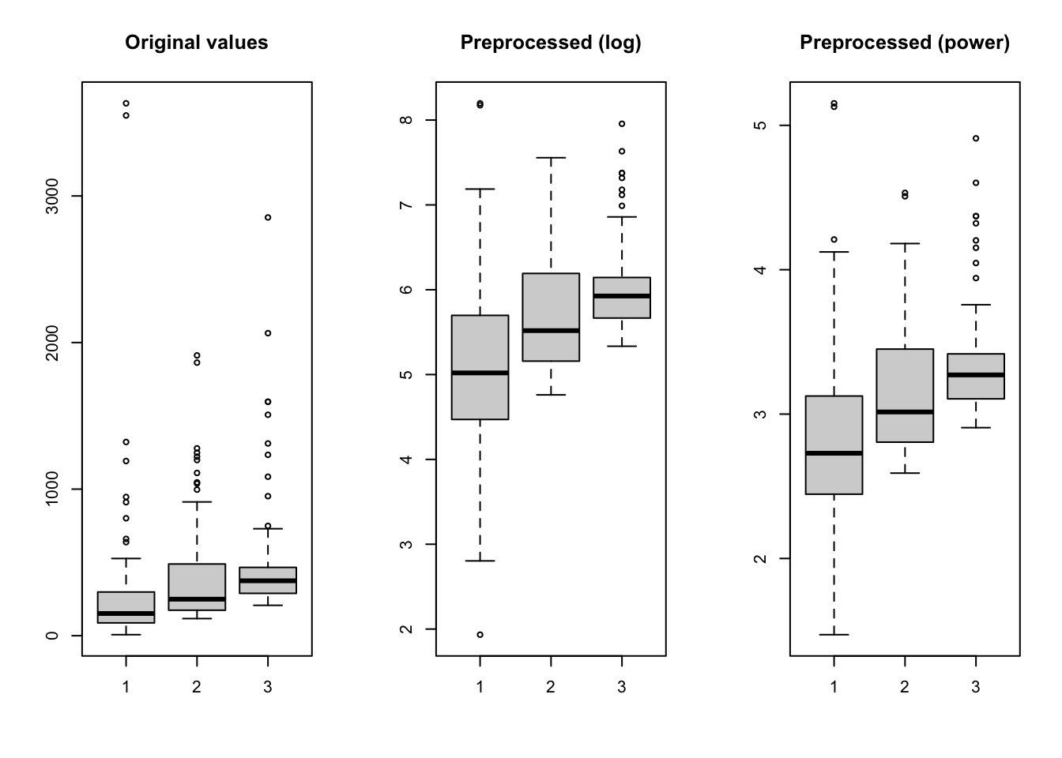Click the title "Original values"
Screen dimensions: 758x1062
pos(196,43)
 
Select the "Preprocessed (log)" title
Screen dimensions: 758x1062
pos(551,43)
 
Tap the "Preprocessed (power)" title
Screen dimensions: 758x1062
pos(905,43)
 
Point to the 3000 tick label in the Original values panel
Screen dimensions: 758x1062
pos(53,196)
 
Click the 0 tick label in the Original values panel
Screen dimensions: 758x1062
pos(53,636)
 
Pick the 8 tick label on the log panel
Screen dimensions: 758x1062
pos(407,120)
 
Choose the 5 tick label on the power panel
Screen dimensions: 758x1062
pos(761,126)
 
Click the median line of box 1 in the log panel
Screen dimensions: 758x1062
pos(480,373)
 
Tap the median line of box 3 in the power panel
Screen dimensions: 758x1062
pos(976,374)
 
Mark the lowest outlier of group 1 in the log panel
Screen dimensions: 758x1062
pos(480,635)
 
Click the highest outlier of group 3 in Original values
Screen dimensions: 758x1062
pos(268,217)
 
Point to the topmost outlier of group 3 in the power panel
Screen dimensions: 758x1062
pos(976,138)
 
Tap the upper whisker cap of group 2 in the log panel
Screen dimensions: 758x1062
pos(551,158)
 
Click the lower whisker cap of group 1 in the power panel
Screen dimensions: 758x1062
pos(834,635)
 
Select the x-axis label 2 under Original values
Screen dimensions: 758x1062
pos(196,687)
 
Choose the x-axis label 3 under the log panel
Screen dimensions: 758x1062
pos(622,687)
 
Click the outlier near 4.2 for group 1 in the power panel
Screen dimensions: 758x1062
pos(834,239)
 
